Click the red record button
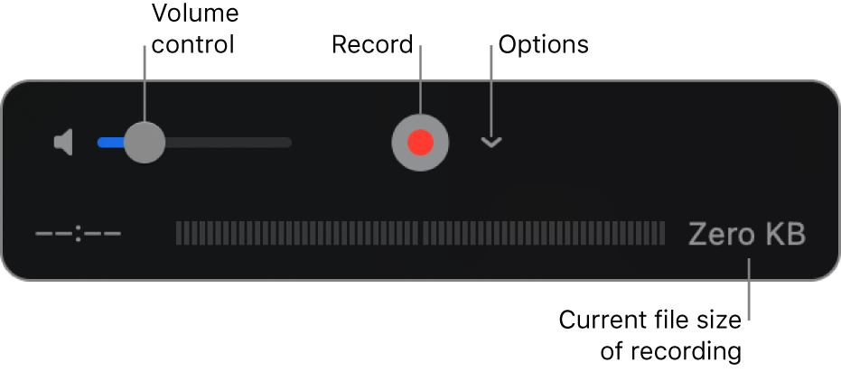tap(420, 143)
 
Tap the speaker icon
tap(63, 143)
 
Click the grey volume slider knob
tap(144, 142)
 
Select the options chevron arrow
tap(491, 143)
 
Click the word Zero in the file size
tap(722, 235)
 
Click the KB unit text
tap(784, 235)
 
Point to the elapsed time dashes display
tap(79, 235)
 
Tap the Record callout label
tap(372, 44)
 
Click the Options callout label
tap(544, 44)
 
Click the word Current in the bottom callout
tap(598, 320)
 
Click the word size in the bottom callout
tap(717, 320)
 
